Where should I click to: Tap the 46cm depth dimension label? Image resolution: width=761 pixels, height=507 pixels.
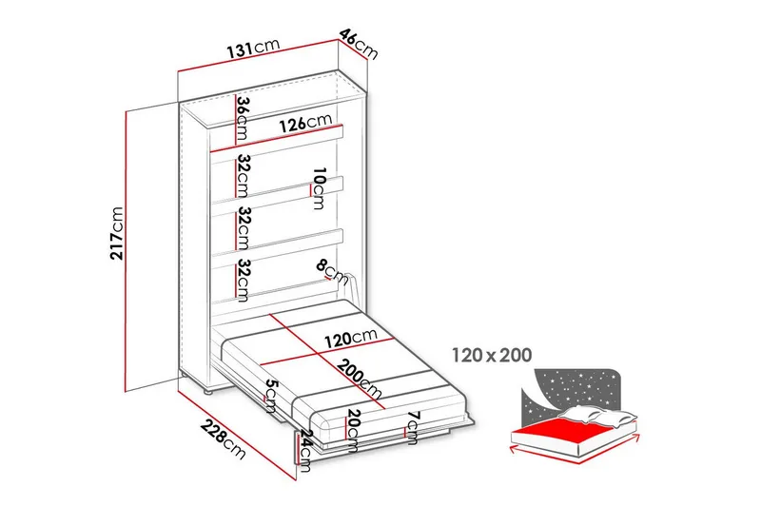[x=359, y=44]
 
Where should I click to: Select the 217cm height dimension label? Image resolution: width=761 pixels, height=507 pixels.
[x=117, y=233]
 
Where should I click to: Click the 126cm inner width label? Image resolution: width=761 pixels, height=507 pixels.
[x=305, y=124]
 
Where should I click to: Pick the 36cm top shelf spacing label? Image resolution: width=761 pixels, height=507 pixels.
[x=243, y=119]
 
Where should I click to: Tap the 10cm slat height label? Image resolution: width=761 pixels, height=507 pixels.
[x=319, y=188]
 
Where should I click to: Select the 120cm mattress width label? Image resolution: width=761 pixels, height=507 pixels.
[x=351, y=338]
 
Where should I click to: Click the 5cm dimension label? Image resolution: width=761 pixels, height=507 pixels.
[x=270, y=397]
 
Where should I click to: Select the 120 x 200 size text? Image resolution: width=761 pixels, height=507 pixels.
[x=492, y=356]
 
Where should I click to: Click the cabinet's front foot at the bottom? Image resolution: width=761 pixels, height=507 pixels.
[x=207, y=391]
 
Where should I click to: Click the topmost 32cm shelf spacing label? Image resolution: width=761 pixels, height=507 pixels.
[x=243, y=177]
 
